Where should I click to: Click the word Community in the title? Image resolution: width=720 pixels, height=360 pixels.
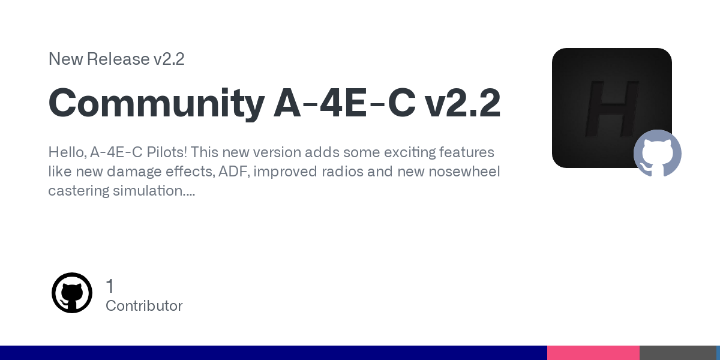point(157,103)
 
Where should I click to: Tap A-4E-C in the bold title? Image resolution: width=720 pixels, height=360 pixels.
point(344,103)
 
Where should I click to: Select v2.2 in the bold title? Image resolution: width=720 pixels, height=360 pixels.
point(463,103)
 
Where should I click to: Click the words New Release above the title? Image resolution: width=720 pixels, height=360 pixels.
point(98,59)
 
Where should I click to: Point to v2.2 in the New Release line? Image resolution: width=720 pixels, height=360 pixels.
point(169,59)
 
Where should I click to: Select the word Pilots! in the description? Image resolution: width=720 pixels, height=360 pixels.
point(167,152)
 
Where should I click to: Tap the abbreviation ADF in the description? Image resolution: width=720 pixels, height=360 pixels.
point(234,172)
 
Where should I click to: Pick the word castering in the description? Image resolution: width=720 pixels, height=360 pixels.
point(79,191)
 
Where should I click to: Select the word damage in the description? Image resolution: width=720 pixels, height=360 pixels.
point(134,172)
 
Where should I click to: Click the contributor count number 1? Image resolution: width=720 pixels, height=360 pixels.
point(110,286)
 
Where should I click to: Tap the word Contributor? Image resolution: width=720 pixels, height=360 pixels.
point(144,305)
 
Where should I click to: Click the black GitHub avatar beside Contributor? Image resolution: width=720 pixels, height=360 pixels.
point(72,293)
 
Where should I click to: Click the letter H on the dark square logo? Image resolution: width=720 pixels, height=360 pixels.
point(612,109)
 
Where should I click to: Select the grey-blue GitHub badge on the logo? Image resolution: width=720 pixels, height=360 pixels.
point(658,153)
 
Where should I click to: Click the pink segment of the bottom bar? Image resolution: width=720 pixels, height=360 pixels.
point(593,353)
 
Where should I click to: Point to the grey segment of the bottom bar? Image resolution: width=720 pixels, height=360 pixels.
point(678,353)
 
